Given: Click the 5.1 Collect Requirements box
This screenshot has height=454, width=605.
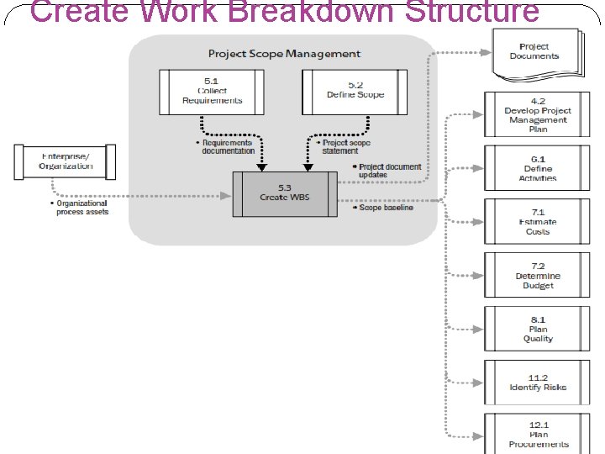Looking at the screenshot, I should point(212,91).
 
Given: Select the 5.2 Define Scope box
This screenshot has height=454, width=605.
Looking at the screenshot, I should point(355,91).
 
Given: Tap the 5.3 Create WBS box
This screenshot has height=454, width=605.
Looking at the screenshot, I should point(285,193).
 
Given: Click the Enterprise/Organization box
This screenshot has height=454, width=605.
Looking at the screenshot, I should point(66,161).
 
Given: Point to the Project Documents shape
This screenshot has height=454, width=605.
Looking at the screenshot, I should point(534,52).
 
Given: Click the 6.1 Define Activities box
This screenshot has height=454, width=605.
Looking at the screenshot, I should point(538,168).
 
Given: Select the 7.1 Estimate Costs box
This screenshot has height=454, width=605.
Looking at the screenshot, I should point(538,222).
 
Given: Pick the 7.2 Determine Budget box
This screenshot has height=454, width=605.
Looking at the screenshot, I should point(538,276).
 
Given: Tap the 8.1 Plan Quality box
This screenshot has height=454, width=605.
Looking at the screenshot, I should point(538,330).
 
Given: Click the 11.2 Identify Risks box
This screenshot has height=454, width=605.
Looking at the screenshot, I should point(538,383).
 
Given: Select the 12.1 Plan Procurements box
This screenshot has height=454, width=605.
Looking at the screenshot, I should point(538,435).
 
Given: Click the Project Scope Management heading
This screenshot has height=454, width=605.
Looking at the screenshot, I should point(284,54).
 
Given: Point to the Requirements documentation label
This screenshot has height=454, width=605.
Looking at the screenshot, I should point(227,147).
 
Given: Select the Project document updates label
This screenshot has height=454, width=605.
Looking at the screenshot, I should point(389,171).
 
